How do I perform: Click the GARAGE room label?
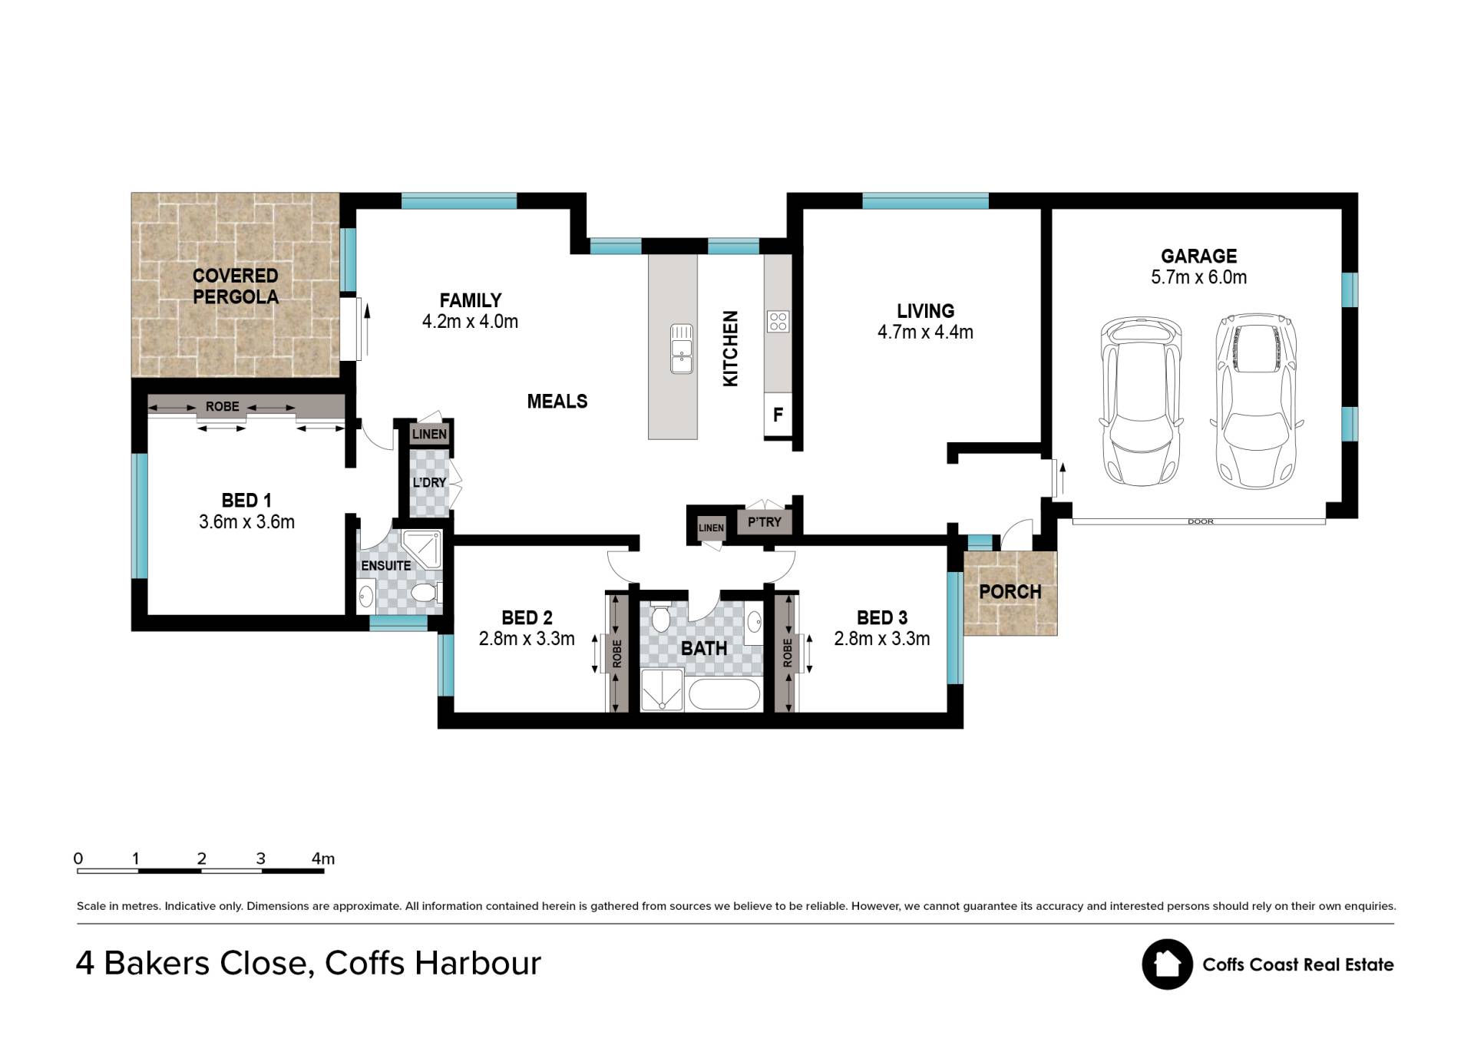[x=1198, y=256]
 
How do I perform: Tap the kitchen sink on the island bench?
[x=681, y=349]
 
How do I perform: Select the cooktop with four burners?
[x=778, y=321]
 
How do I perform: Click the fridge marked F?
[x=778, y=415]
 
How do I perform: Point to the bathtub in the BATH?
[x=725, y=694]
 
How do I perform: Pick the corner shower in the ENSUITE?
[x=422, y=548]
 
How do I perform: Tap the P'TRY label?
[x=765, y=522]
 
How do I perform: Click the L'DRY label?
[x=429, y=482]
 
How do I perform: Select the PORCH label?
[x=1010, y=592]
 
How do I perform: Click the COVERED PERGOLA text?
[x=235, y=286]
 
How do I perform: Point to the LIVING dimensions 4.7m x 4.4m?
[x=925, y=332]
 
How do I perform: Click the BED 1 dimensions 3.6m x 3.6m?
[x=246, y=522]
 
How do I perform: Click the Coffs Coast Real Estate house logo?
[x=1167, y=964]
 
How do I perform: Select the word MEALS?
[x=557, y=401]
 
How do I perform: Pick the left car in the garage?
[x=1140, y=402]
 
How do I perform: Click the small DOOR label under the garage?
[x=1200, y=522]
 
